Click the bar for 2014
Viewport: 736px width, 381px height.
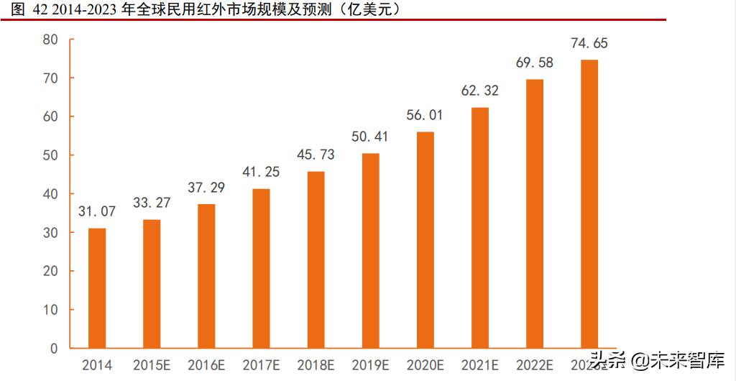tap(97, 288)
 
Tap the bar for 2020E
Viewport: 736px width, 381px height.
tap(425, 240)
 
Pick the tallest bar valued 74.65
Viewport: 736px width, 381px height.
tap(589, 204)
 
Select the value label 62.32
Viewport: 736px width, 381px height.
tap(479, 91)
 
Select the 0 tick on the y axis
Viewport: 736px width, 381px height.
tap(53, 349)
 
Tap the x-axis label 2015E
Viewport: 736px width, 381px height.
tap(152, 365)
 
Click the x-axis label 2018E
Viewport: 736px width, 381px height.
tap(316, 365)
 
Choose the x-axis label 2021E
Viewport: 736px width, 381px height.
tap(479, 365)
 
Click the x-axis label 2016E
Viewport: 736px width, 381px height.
tap(206, 365)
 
